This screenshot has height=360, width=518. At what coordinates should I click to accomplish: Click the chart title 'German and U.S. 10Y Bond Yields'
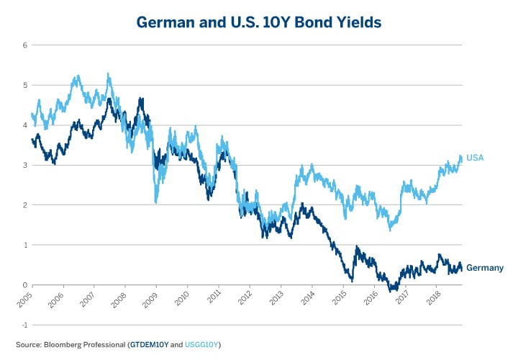click(x=259, y=22)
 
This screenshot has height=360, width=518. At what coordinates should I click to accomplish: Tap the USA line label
click(x=474, y=158)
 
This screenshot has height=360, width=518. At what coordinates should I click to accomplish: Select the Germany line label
click(x=484, y=268)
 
